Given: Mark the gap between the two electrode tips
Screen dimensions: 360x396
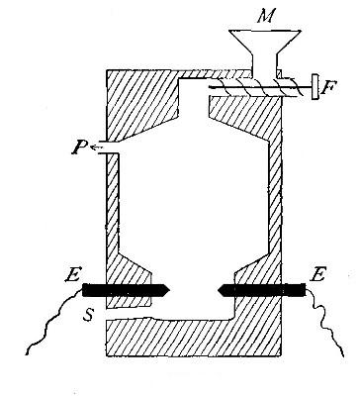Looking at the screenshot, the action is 192,290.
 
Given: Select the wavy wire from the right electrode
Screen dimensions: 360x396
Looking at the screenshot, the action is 326,327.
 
